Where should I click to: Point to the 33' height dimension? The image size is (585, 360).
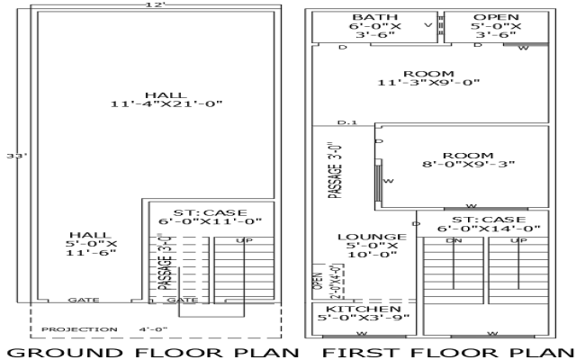(x=13, y=157)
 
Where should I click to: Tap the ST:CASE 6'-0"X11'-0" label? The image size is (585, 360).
(x=210, y=215)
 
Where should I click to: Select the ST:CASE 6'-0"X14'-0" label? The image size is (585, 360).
(x=488, y=223)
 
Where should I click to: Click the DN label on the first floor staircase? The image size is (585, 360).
(x=455, y=241)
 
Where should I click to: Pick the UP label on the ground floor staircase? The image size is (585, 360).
(x=244, y=241)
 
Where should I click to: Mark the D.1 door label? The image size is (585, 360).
(x=347, y=121)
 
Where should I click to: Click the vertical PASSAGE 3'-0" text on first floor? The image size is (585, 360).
(x=336, y=169)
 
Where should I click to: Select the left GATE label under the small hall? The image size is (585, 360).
(x=79, y=300)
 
